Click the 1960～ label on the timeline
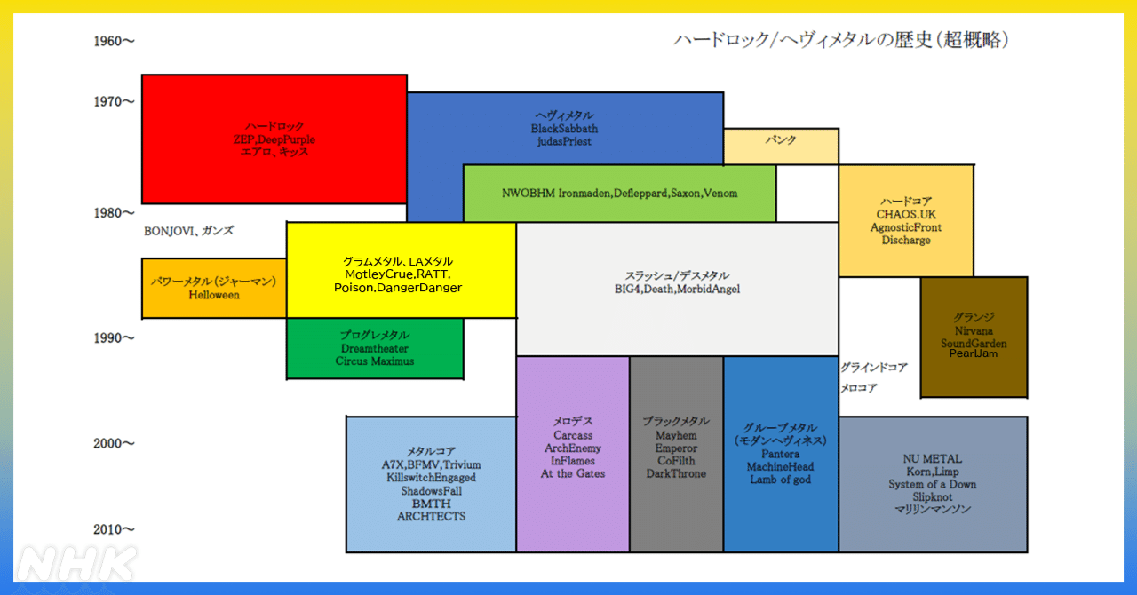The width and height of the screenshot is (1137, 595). point(114,41)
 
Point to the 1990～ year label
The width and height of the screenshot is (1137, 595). point(114,338)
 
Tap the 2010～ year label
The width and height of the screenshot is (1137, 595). point(114,530)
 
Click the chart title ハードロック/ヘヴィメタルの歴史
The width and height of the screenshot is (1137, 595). point(839,40)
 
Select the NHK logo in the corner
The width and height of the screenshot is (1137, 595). point(76,565)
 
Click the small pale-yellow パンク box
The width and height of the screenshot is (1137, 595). point(781,141)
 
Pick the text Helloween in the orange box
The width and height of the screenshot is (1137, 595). point(214,295)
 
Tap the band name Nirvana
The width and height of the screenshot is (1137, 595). point(974,330)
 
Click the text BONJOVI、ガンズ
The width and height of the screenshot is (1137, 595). point(188,231)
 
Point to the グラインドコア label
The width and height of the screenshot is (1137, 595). point(874,367)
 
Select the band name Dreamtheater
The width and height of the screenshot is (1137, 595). point(374,349)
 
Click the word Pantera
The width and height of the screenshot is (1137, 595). point(780,454)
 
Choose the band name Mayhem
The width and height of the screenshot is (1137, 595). point(676,436)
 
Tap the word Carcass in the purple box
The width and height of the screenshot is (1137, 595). point(573,436)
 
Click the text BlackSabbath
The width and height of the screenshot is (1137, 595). point(565,129)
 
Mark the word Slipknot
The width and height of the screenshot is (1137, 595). point(932,496)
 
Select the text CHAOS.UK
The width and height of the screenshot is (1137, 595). point(906,215)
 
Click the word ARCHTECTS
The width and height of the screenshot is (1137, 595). point(431,516)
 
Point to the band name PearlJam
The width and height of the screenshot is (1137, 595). point(974,354)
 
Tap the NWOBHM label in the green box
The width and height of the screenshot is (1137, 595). point(529,193)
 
